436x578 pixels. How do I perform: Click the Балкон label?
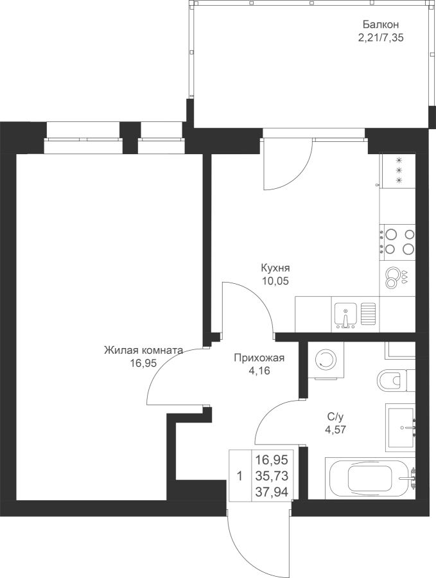(381, 24)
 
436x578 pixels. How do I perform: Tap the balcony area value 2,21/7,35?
(381, 38)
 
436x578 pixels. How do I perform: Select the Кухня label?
(275, 267)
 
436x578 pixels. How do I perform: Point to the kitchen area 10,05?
(275, 281)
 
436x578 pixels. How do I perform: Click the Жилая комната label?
(143, 350)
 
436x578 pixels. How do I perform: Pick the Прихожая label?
(259, 358)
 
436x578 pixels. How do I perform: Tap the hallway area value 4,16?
(259, 371)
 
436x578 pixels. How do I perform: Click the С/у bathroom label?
(335, 417)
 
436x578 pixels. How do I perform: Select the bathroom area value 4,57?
(335, 430)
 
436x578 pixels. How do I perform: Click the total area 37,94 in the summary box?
(272, 492)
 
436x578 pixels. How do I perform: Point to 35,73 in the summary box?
(272, 476)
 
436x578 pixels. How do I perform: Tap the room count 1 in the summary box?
(240, 477)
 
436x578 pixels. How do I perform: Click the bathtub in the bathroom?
(371, 478)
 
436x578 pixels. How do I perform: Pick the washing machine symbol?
(325, 360)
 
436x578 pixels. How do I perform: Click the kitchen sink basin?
(345, 314)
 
